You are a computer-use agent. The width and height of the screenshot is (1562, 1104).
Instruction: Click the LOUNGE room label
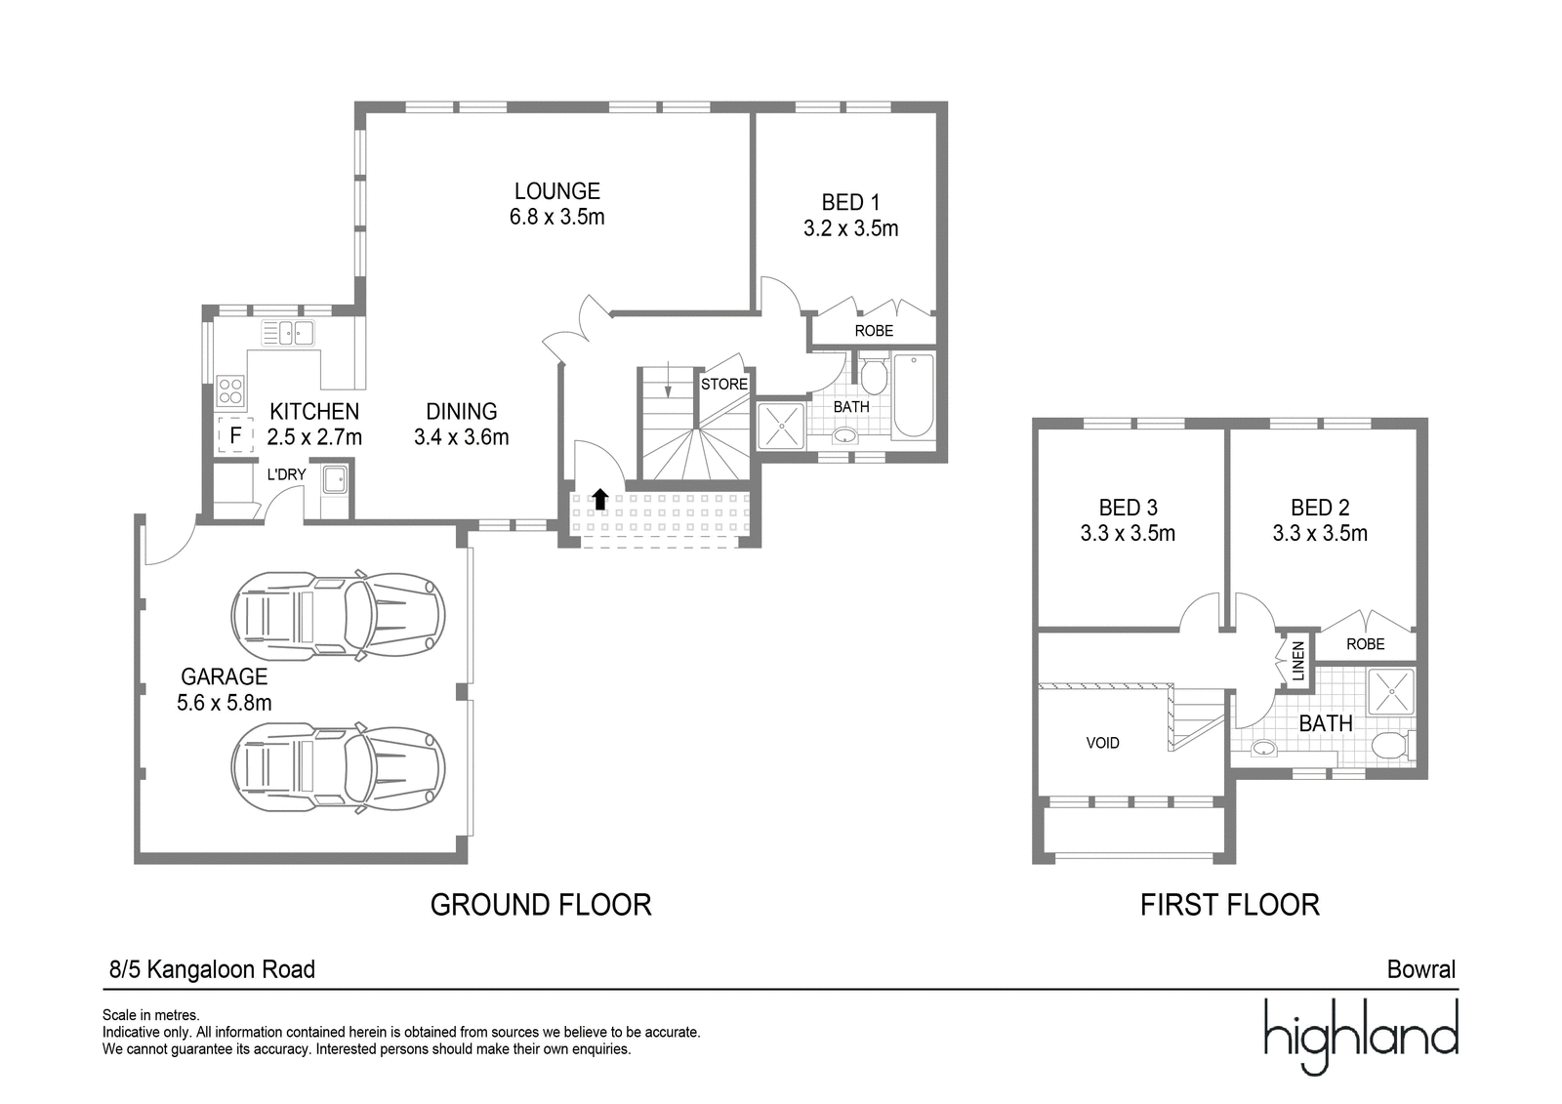pyautogui.click(x=557, y=191)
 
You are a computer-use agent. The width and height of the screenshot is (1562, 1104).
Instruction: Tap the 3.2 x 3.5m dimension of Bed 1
pyautogui.click(x=850, y=228)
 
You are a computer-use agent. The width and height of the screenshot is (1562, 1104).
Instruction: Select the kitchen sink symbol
pyautogui.click(x=288, y=334)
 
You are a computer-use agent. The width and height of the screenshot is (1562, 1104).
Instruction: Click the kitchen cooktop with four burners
pyautogui.click(x=230, y=390)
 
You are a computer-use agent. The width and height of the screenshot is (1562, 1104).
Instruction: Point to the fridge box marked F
pyautogui.click(x=235, y=435)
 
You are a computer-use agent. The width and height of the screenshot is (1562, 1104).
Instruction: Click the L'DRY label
pyautogui.click(x=287, y=475)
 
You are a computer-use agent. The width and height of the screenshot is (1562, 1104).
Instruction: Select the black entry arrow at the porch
pyautogui.click(x=599, y=499)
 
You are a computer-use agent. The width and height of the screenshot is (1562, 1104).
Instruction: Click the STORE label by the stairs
pyautogui.click(x=724, y=385)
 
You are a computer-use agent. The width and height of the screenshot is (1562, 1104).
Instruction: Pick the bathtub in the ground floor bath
pyautogui.click(x=914, y=396)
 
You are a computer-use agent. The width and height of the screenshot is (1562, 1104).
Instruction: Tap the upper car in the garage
pyautogui.click(x=338, y=614)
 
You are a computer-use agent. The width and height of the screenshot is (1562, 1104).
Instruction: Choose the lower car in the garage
pyautogui.click(x=338, y=766)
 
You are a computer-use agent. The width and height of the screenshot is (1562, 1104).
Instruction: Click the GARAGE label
pyautogui.click(x=224, y=676)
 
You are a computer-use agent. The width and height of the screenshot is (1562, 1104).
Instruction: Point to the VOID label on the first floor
pyautogui.click(x=1102, y=744)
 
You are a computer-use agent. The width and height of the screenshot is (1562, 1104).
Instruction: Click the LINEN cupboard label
pyautogui.click(x=1297, y=661)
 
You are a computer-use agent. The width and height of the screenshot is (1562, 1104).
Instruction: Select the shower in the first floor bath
pyautogui.click(x=1391, y=692)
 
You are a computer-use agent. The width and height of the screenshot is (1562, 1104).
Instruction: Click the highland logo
pyautogui.click(x=1361, y=1036)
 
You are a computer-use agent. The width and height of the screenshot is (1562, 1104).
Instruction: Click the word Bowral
pyautogui.click(x=1421, y=969)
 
